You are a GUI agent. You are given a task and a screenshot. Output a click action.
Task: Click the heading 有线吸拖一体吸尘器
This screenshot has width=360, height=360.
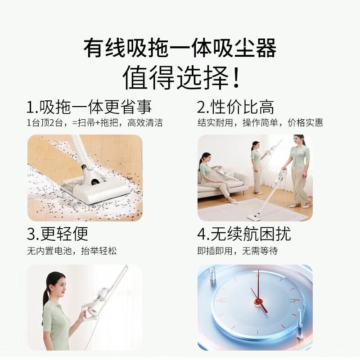click(x=180, y=49)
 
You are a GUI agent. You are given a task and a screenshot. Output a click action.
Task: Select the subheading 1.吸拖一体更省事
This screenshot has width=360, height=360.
click(x=89, y=108)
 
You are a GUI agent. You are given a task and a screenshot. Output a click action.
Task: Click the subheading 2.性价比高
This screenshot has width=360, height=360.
click(x=235, y=108)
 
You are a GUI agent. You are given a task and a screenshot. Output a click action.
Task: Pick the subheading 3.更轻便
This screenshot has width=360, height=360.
click(x=57, y=234)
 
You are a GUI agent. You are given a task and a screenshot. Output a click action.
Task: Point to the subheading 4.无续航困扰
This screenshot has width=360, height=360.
click(x=244, y=234)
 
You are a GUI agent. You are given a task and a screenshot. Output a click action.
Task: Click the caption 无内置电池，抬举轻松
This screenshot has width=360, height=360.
click(x=72, y=251)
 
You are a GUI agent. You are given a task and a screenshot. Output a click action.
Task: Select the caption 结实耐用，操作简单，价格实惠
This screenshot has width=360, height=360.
click(x=260, y=123)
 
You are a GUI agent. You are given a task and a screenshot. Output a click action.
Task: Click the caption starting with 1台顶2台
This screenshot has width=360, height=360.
click(x=94, y=123)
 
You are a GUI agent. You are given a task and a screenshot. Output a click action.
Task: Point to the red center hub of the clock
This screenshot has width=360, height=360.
click(x=258, y=301)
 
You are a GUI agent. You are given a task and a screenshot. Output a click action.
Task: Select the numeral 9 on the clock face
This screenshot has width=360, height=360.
click(x=222, y=300)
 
